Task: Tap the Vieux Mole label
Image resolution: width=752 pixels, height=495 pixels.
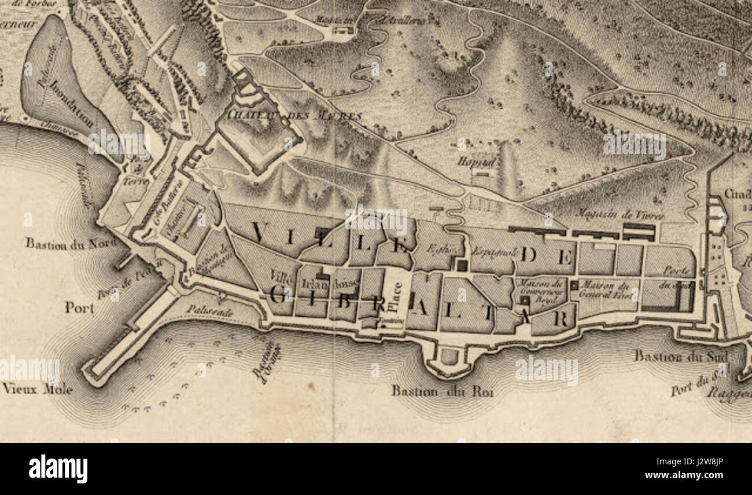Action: pyautogui.click(x=37, y=389)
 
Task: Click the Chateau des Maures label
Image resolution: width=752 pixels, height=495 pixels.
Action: pyautogui.click(x=294, y=115)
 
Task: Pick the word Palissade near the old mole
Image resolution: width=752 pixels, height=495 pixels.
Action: pyautogui.click(x=209, y=311)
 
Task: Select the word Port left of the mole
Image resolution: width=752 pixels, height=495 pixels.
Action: pyautogui.click(x=79, y=307)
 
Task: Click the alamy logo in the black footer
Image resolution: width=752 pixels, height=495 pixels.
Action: pyautogui.click(x=58, y=468)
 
